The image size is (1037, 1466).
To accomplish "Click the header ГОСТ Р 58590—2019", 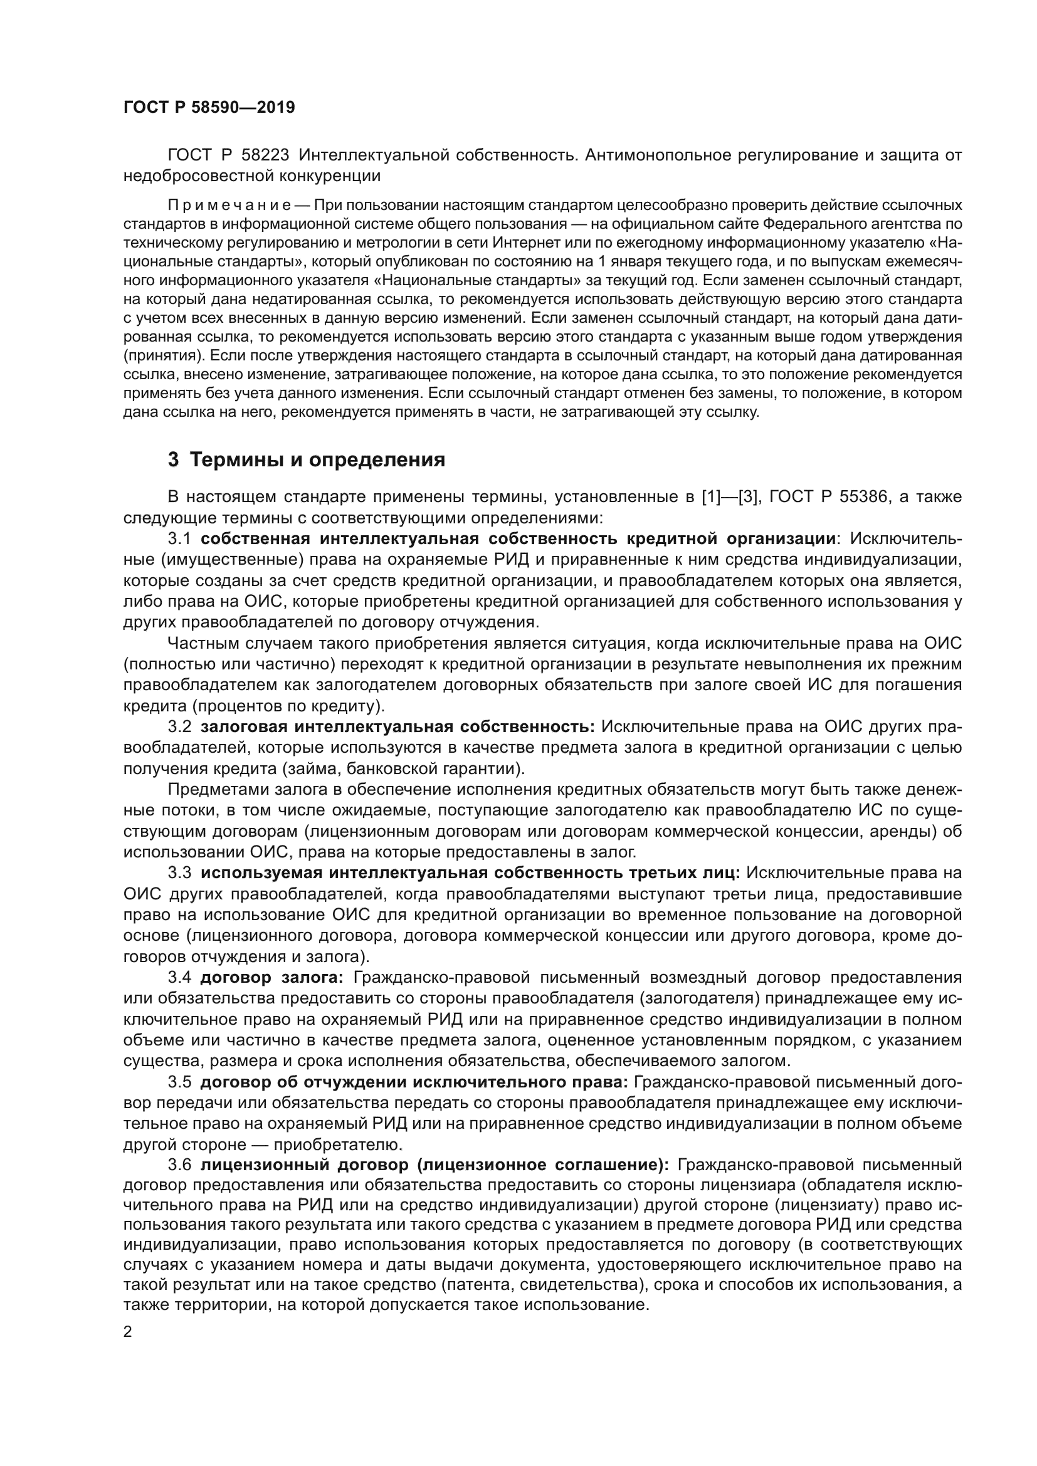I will click(209, 107).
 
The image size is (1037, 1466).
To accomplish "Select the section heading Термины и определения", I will click(317, 459).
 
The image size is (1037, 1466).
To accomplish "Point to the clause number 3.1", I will click(179, 539).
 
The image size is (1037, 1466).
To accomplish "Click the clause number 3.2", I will click(179, 726).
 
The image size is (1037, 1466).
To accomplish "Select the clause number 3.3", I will click(179, 872).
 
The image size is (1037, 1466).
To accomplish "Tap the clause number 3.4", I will click(179, 978).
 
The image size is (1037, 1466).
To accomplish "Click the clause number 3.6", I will click(179, 1165).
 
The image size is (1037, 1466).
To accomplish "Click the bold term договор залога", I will click(271, 978).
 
